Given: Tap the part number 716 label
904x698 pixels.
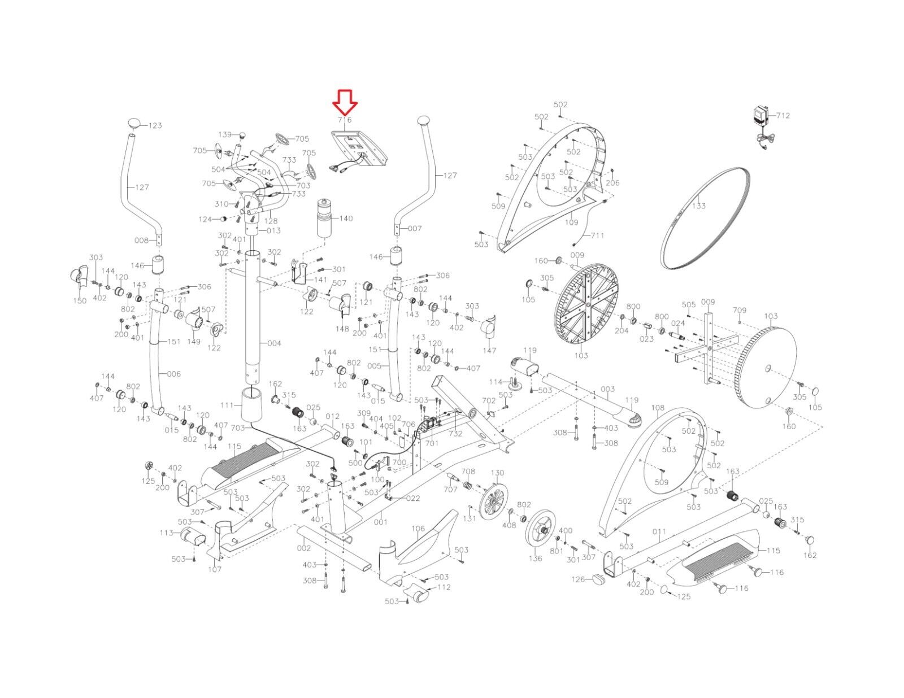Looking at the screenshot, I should (x=345, y=120).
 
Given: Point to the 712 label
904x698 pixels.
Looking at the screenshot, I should (x=783, y=116).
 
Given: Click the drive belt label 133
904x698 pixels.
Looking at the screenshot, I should (x=699, y=206).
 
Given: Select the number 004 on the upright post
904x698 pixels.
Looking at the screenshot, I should (x=274, y=343).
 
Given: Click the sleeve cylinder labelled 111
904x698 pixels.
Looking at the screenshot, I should (x=252, y=405).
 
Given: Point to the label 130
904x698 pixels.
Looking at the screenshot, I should (x=497, y=473).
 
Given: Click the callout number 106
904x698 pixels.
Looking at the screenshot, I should (x=418, y=529).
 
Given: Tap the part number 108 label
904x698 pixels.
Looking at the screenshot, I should (x=658, y=408).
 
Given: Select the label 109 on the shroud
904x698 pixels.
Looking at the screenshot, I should (x=572, y=223).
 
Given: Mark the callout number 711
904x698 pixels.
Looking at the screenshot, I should (x=598, y=235).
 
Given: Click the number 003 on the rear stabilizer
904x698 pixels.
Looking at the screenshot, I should (x=607, y=389).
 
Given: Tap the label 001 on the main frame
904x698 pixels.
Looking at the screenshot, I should (x=380, y=522).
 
